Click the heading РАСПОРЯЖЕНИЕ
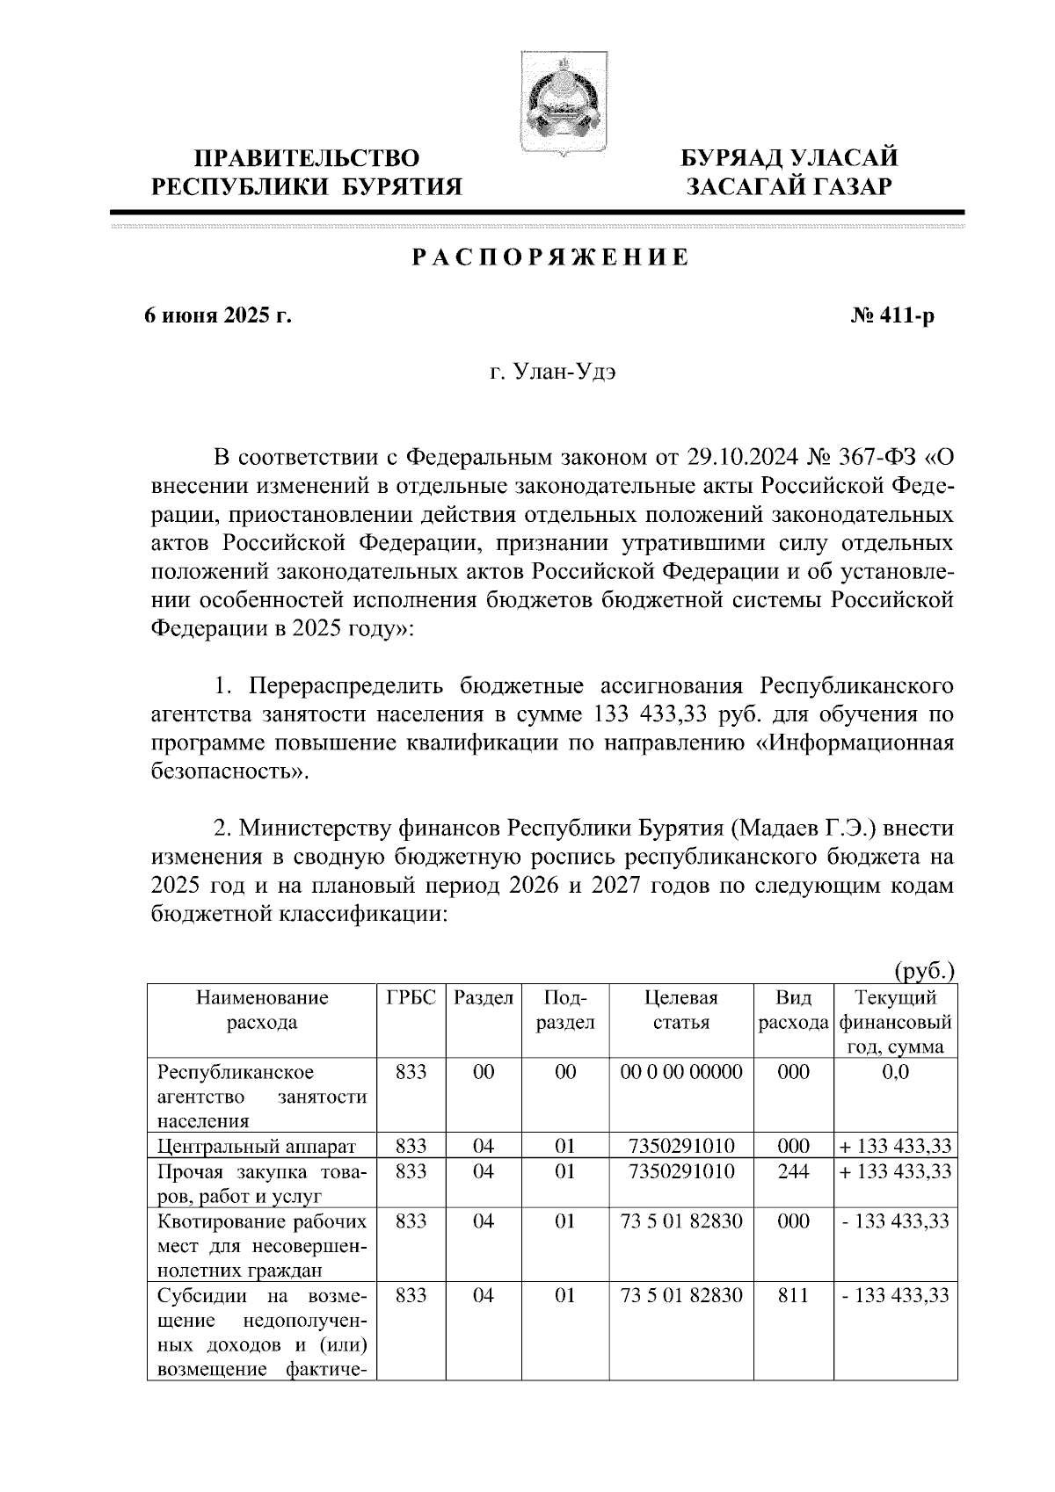pyautogui.click(x=551, y=258)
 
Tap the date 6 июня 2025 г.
pyautogui.click(x=218, y=315)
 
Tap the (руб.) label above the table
pyautogui.click(x=923, y=971)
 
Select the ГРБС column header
pyautogui.click(x=411, y=997)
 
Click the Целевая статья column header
pyautogui.click(x=680, y=1010)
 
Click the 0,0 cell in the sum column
pyautogui.click(x=895, y=1072)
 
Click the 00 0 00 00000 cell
pyautogui.click(x=680, y=1072)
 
